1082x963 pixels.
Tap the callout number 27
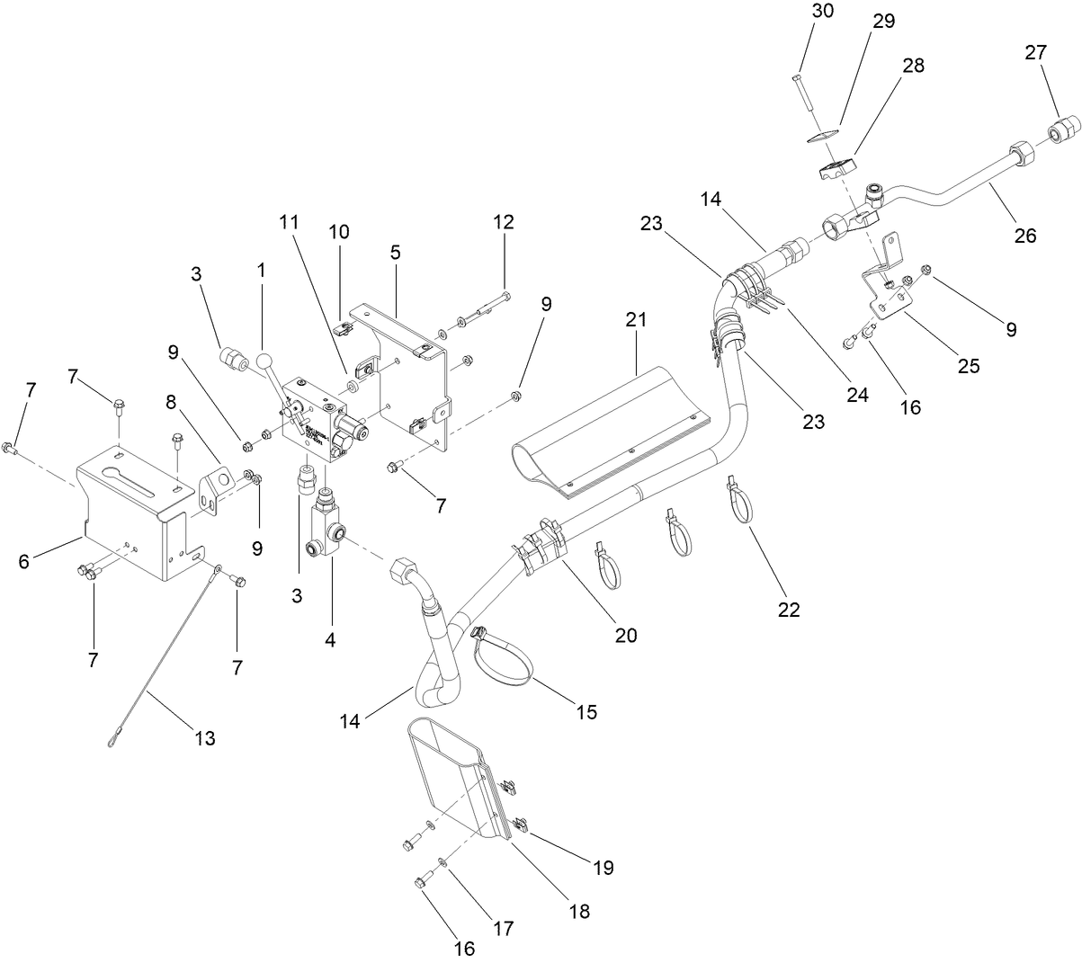1036,52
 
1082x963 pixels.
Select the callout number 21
637,319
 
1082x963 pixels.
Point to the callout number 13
204,738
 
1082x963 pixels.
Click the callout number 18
579,911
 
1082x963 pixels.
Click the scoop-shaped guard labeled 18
450,773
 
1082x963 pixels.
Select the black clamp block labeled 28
835,168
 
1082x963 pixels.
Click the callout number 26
1024,236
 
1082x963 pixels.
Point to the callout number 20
625,635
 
